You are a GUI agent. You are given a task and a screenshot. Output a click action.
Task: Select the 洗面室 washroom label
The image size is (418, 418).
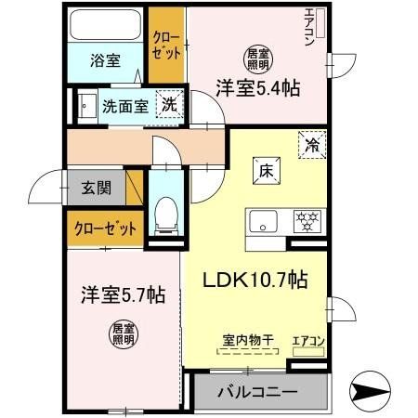(x=124, y=106)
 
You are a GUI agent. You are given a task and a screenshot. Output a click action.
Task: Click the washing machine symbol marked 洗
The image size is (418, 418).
(x=168, y=104)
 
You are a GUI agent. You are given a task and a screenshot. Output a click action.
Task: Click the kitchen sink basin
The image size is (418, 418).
(x=262, y=222)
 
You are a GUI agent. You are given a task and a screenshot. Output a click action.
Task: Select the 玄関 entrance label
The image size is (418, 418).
(x=97, y=188)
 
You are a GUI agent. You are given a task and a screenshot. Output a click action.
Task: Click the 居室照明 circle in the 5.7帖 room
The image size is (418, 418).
(x=122, y=334)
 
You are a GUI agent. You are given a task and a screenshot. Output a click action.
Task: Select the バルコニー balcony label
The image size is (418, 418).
(x=258, y=392)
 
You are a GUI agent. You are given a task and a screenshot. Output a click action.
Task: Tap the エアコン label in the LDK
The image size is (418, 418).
(x=309, y=341)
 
